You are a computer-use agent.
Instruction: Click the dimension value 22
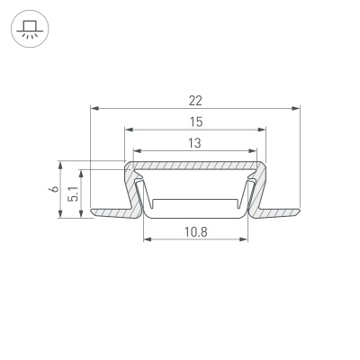pyautogui.click(x=196, y=100)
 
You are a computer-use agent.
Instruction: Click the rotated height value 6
pyautogui.click(x=54, y=190)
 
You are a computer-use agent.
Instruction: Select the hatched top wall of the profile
pyautogui.click(x=196, y=166)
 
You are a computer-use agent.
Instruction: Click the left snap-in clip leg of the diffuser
pyautogui.click(x=142, y=193)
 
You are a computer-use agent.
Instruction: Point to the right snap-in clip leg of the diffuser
pyautogui.click(x=249, y=193)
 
